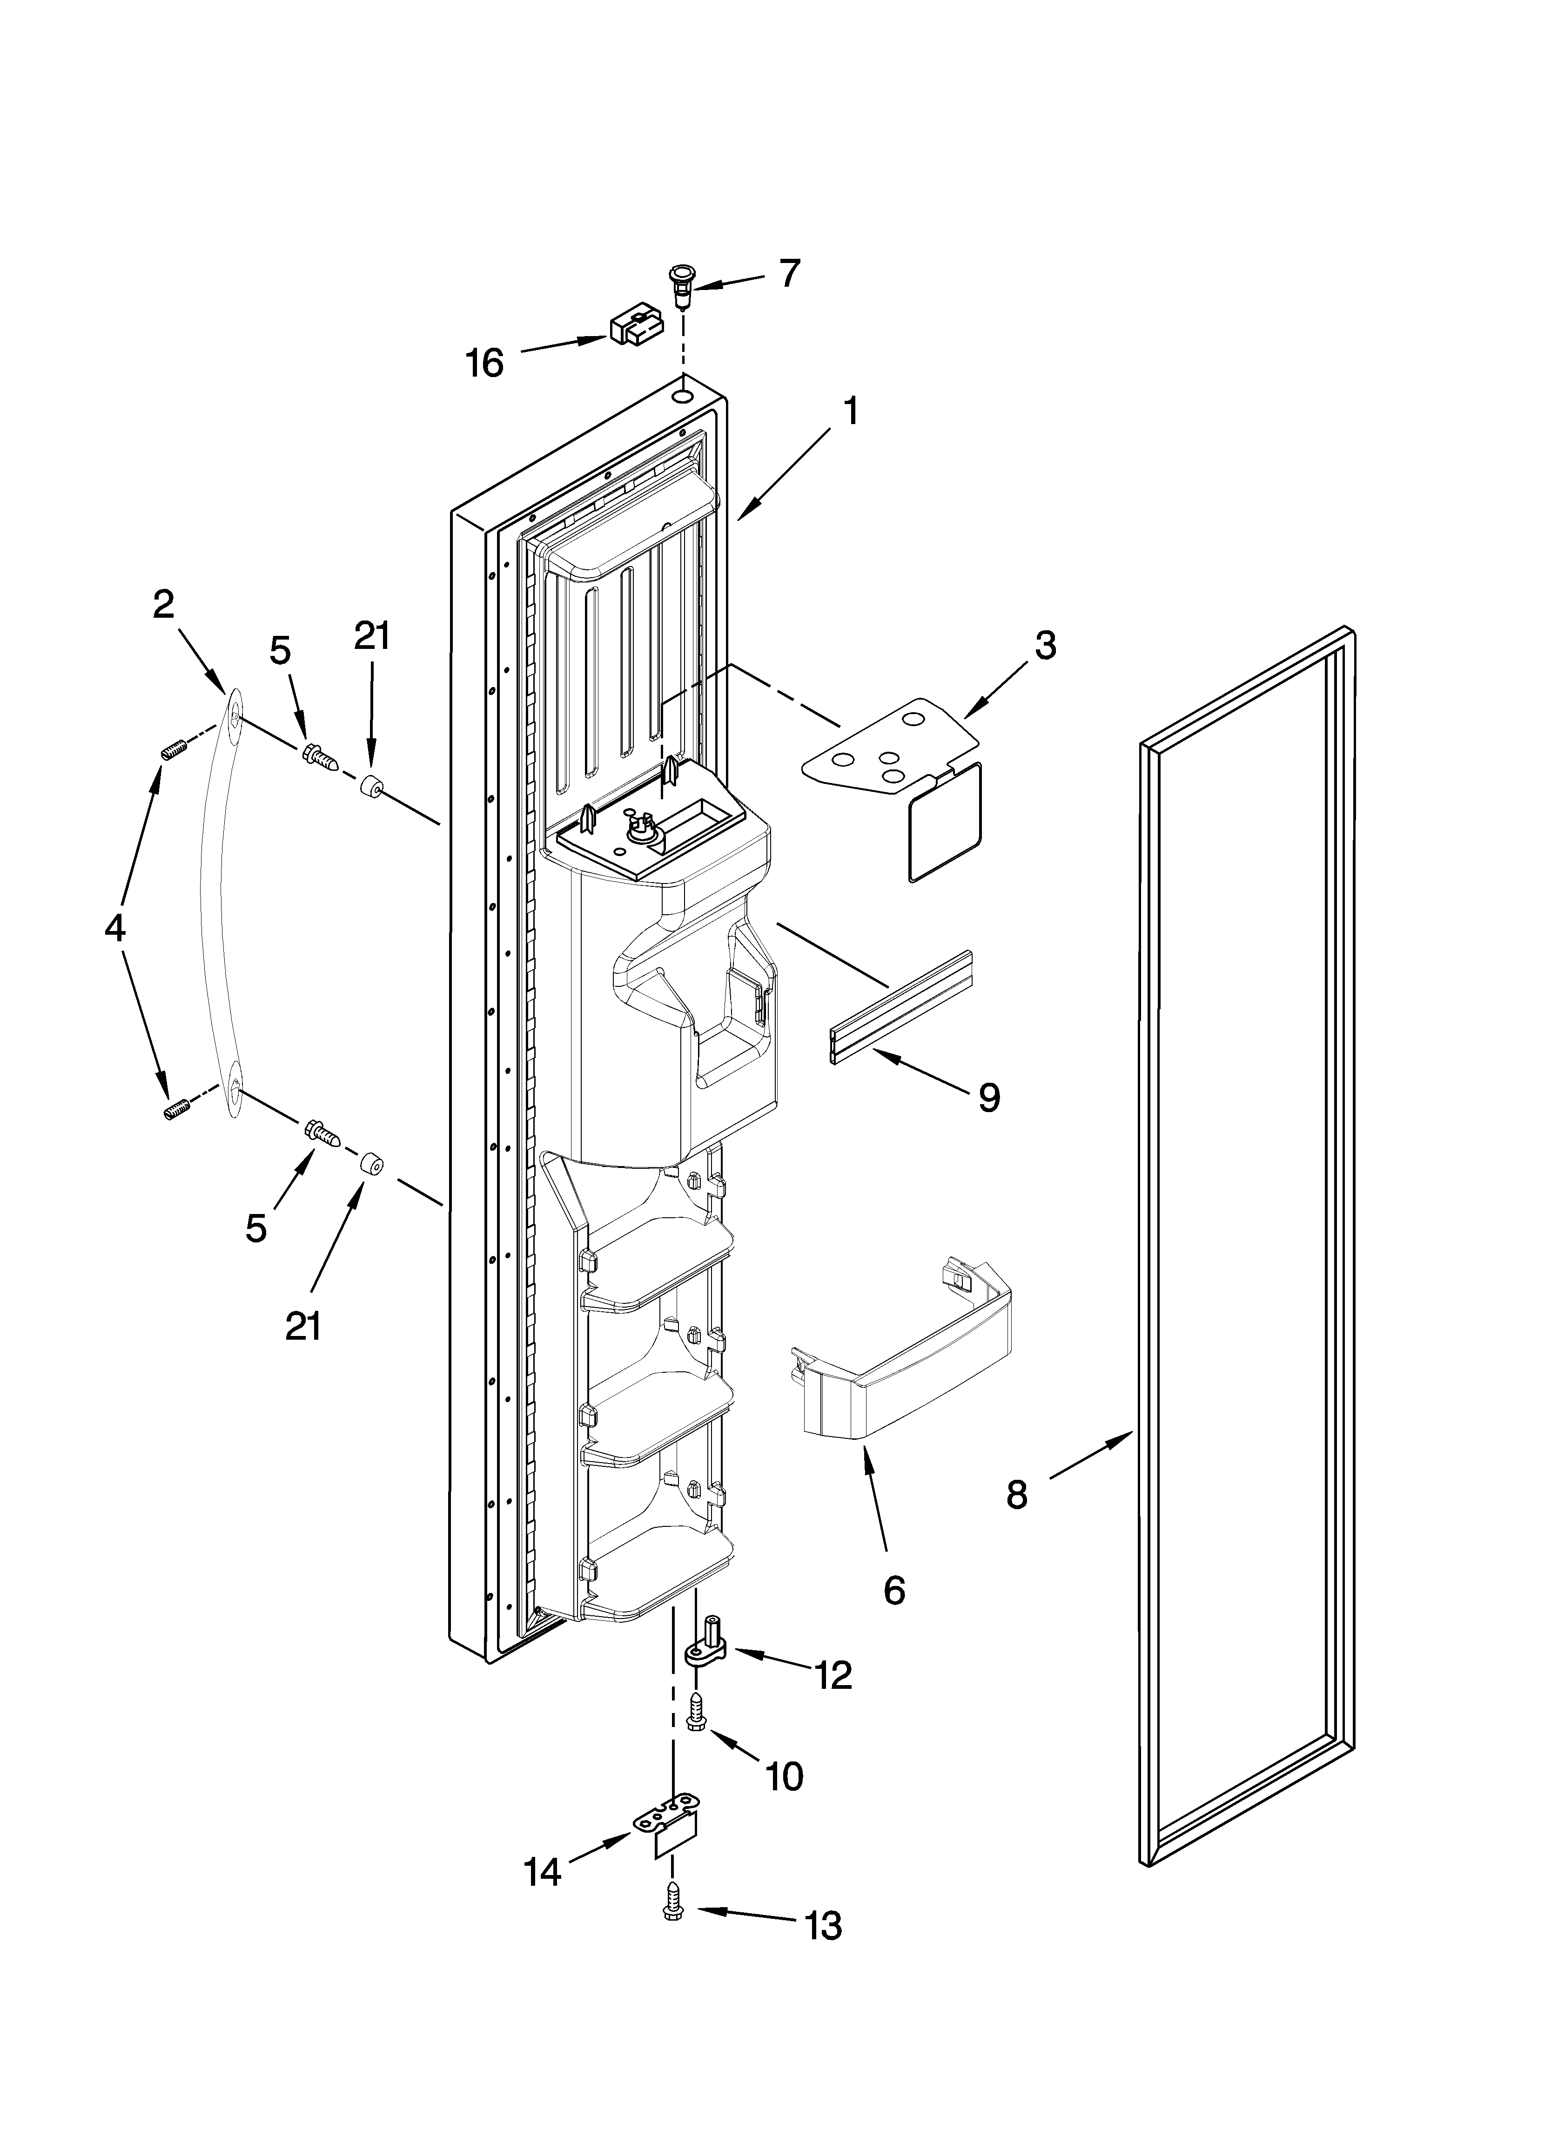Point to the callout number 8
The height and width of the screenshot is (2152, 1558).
click(1016, 1495)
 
